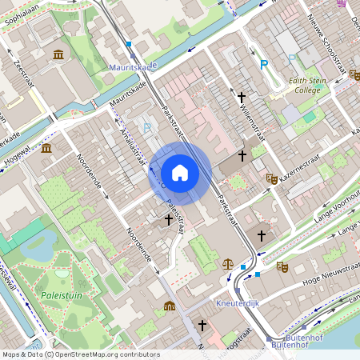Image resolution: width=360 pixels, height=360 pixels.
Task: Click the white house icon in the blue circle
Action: coord(180,172)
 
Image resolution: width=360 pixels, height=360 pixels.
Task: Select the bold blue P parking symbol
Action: coord(263,64)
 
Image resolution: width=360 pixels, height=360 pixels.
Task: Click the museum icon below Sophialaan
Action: coord(58,54)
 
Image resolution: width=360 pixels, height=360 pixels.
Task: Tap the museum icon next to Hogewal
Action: coord(46,149)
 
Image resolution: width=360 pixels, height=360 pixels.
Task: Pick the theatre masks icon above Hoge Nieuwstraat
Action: coord(282,266)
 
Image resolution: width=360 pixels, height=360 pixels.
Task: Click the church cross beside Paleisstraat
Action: coord(168,218)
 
